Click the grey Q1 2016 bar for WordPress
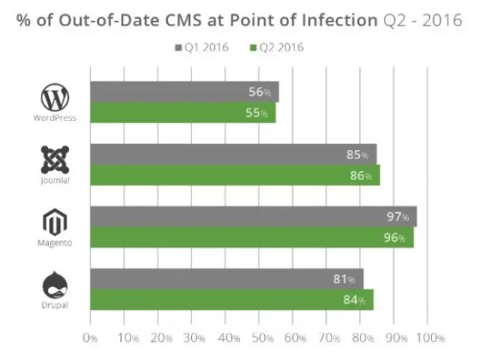pos(184,92)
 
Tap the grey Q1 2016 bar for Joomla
pos(232,154)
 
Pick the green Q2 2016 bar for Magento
pos(251,238)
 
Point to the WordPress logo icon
pos(55,97)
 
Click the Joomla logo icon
pos(55,159)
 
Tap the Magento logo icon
pos(55,222)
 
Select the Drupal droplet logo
pos(55,285)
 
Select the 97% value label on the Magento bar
pos(398,217)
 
